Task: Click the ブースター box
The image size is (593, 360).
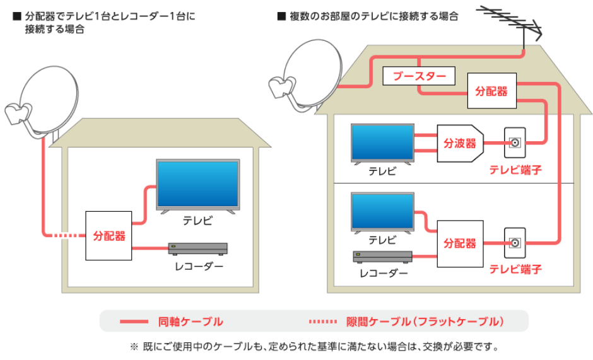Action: click(419, 76)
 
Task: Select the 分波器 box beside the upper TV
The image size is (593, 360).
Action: click(460, 143)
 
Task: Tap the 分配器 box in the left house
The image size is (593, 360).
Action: click(109, 236)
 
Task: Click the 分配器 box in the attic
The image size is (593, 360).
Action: click(491, 91)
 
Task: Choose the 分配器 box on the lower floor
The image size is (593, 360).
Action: click(460, 244)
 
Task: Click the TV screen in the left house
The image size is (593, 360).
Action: click(198, 184)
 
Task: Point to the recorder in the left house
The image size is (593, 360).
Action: click(198, 248)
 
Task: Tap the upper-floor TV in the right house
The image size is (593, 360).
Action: click(382, 144)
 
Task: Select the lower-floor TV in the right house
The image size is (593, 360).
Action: click(382, 213)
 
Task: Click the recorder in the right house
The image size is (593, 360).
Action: click(382, 257)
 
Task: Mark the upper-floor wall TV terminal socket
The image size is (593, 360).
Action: click(515, 143)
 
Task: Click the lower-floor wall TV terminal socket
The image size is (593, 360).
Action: click(515, 243)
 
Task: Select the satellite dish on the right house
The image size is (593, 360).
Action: click(307, 76)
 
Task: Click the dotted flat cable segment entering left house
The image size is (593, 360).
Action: click(69, 236)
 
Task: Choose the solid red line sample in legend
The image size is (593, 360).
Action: click(134, 322)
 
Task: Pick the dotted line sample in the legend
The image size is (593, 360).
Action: click(322, 322)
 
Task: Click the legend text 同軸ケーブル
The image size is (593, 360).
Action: click(191, 322)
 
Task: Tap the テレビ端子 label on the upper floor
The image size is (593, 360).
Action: click(515, 170)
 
